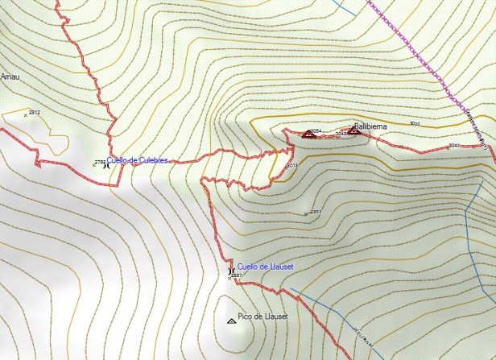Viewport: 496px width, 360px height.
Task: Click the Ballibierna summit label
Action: tap(371, 126)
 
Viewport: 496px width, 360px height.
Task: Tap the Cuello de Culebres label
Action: tap(138, 161)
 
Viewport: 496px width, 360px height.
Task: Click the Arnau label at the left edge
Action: tap(9, 77)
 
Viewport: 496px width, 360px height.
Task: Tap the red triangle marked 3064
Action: tap(307, 135)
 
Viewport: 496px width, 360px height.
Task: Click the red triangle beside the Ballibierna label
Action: tap(353, 130)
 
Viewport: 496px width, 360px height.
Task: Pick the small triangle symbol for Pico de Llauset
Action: tap(233, 321)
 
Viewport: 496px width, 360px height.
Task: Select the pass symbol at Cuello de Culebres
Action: tap(106, 165)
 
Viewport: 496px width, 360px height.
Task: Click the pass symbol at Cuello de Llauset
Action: tap(232, 271)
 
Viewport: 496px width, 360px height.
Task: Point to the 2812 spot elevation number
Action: tap(34, 112)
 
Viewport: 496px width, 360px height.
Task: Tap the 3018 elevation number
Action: tap(292, 165)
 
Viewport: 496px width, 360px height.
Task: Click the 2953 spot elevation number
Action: tap(316, 212)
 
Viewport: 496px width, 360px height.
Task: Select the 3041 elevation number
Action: tap(454, 145)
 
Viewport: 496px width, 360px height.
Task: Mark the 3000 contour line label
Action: tap(415, 123)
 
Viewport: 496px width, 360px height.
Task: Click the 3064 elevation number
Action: tap(316, 130)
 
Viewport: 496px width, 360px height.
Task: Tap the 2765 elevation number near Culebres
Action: tap(99, 162)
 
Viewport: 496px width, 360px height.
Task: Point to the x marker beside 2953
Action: tap(307, 214)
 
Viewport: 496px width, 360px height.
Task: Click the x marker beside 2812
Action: tap(26, 115)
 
